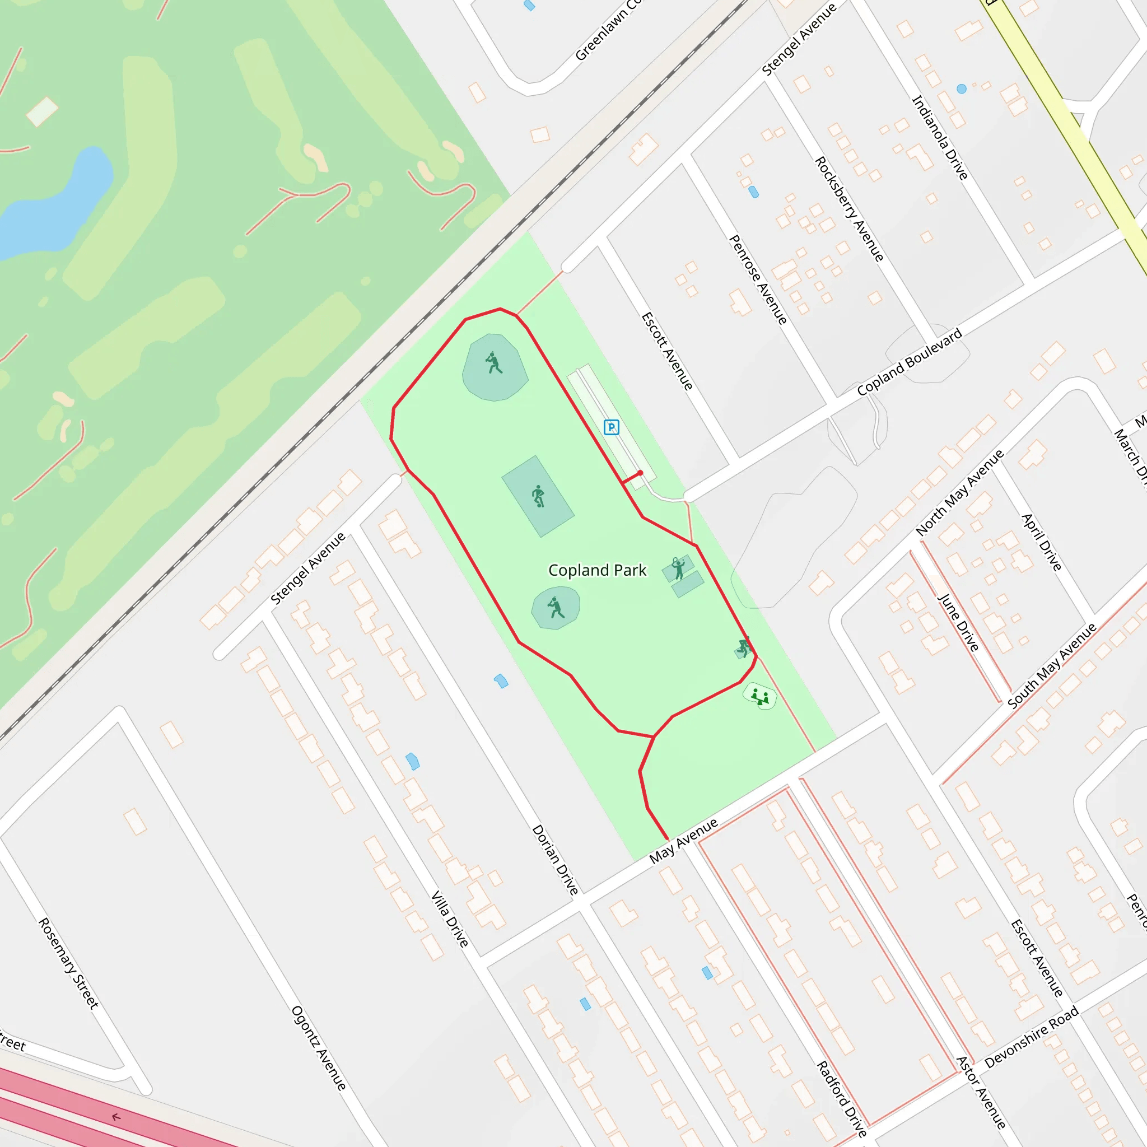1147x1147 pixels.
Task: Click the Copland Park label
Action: [x=597, y=571]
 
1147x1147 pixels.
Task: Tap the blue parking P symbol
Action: [x=611, y=427]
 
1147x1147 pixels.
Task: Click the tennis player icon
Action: [x=678, y=567]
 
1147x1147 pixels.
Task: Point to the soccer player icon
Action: [x=538, y=496]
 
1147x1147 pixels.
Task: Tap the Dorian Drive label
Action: [x=554, y=859]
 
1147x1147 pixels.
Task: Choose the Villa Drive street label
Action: [x=449, y=918]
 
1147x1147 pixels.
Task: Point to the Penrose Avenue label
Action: [x=758, y=279]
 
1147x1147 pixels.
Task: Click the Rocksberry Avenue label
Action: [x=849, y=209]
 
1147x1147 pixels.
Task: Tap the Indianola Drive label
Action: [x=940, y=137]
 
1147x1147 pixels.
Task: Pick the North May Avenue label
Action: [x=959, y=493]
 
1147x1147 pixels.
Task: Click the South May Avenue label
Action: [x=1051, y=665]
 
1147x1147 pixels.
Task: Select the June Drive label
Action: [x=958, y=622]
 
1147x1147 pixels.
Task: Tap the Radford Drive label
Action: [x=841, y=1099]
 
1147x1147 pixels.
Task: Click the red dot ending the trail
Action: [x=640, y=473]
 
